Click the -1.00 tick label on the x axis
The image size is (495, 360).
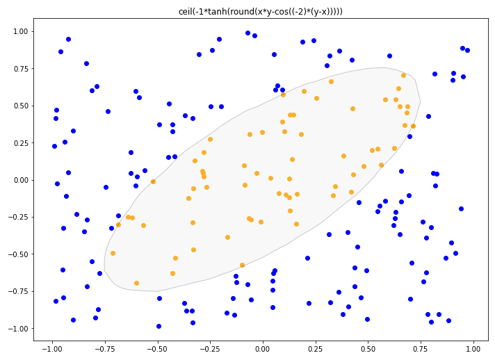coord(50,347)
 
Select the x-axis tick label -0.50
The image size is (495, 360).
coord(156,347)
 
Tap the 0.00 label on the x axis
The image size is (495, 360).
coord(263,347)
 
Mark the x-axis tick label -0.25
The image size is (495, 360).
coord(209,347)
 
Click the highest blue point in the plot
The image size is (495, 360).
coord(247,33)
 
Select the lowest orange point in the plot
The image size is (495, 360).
coord(136,283)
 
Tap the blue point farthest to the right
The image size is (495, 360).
coord(467,50)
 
